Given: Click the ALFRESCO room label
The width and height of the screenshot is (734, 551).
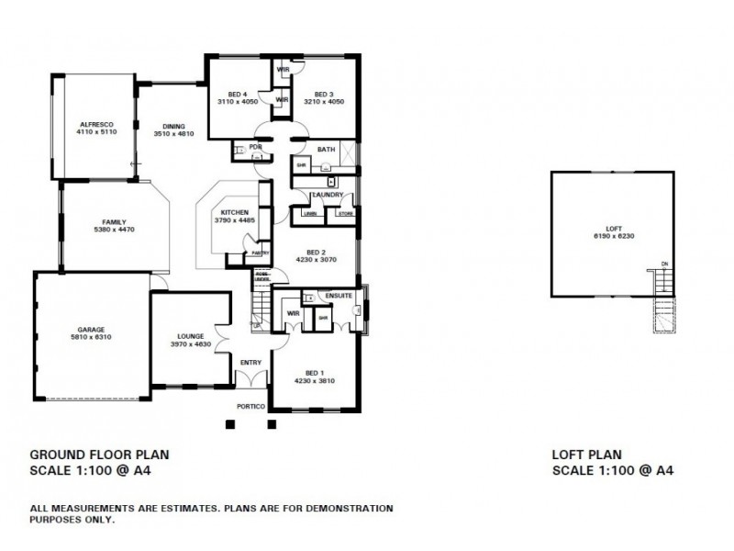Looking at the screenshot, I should tap(95, 123).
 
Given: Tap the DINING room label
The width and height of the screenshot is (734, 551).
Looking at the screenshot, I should tap(173, 126).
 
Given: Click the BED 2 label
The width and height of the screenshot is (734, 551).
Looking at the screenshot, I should tap(317, 252).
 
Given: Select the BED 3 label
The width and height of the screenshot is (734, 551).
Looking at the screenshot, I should tap(322, 94).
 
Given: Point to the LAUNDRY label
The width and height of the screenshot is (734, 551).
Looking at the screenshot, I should tap(328, 195).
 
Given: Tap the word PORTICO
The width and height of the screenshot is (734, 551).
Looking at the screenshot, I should tap(250, 406).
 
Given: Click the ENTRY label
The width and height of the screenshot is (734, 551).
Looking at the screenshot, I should tap(250, 363).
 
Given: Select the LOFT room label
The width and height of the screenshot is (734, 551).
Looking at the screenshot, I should tap(613, 230).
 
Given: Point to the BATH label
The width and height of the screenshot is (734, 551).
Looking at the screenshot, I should tap(326, 149).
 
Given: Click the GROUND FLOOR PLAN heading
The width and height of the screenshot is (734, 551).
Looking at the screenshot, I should tap(99, 454).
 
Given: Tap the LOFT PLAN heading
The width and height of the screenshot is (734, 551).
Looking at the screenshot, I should tap(587, 454).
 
